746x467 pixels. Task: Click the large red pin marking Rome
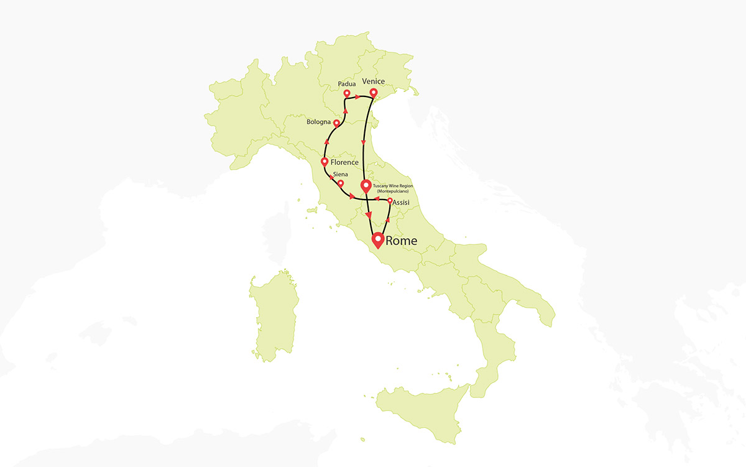coord(377,239)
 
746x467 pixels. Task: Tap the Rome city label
coord(402,241)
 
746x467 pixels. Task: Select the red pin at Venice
coord(373,93)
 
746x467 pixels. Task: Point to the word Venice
coord(373,81)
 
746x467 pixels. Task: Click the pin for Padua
coord(347,93)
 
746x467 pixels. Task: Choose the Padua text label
coord(346,83)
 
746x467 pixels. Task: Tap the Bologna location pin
coord(336,123)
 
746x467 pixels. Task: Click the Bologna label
coord(318,122)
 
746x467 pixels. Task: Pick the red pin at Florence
coord(325,162)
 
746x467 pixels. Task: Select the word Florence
coord(345,162)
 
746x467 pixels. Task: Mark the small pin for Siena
coord(340,183)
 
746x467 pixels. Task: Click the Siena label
coord(341,175)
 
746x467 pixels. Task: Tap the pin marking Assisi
coord(390,201)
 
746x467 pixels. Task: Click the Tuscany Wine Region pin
coord(366,185)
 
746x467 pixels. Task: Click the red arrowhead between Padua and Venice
coord(359,97)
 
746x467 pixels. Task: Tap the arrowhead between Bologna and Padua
coord(344,109)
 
